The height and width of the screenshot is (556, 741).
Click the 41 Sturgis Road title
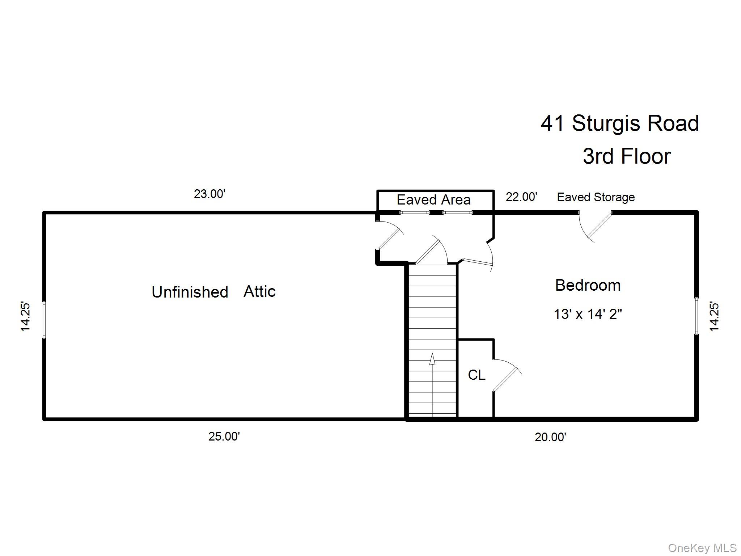click(619, 123)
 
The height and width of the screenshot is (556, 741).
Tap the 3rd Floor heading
click(626, 156)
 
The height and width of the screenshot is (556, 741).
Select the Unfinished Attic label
click(213, 292)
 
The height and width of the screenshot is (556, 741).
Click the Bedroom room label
click(588, 285)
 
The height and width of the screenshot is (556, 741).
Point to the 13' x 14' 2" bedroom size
click(588, 314)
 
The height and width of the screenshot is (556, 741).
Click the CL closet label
click(476, 375)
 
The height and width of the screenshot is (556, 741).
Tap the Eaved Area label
click(433, 200)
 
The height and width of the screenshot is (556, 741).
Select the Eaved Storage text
click(596, 197)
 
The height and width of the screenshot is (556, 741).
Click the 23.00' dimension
click(209, 194)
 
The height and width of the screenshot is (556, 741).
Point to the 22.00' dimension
click(521, 197)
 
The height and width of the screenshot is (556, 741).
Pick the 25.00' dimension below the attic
click(224, 437)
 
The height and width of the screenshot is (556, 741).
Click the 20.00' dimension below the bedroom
click(550, 437)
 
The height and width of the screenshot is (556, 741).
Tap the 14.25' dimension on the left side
click(25, 316)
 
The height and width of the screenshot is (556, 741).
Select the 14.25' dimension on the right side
click(714, 316)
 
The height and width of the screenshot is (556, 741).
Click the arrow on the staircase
click(432, 360)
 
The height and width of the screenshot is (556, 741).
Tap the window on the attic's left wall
click(44, 320)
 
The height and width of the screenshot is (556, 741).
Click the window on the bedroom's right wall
click(696, 316)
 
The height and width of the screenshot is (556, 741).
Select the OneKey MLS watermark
click(702, 548)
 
